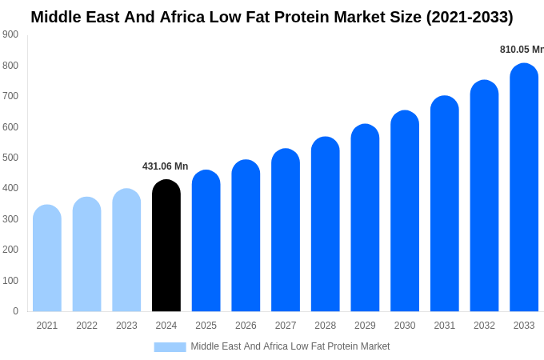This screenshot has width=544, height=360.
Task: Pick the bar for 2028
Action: point(326,225)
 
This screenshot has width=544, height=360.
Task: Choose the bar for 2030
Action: point(405,212)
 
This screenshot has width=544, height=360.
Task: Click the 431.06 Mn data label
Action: point(165,166)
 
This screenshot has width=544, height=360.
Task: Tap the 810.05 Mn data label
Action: point(521,50)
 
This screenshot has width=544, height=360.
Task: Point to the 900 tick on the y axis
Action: point(10,34)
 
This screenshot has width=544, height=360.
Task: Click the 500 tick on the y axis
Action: point(10,158)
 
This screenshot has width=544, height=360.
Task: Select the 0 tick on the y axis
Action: point(15,311)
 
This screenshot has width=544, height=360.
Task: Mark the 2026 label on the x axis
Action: point(246,326)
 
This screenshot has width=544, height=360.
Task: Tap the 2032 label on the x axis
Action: point(484,326)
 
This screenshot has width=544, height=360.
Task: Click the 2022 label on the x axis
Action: point(86,326)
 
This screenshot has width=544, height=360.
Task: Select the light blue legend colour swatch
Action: point(170,346)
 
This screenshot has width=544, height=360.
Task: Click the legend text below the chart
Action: point(290,346)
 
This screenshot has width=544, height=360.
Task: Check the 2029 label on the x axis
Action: point(365,326)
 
